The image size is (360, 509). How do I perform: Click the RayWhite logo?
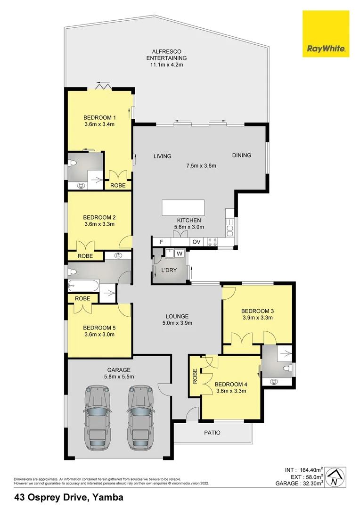click(x=326, y=34)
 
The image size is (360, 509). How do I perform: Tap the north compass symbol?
click(x=334, y=477)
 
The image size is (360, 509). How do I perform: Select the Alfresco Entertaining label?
click(x=166, y=57)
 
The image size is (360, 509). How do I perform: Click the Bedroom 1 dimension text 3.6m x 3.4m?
click(x=99, y=124)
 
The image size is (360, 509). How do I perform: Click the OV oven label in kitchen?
click(x=196, y=242)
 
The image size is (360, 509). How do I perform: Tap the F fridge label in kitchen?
click(x=162, y=242)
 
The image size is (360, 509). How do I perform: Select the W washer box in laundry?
click(x=179, y=253)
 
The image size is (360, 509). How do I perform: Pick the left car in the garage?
click(x=100, y=417)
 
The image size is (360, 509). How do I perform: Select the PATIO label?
click(x=212, y=433)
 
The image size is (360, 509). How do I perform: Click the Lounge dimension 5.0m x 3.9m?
click(x=177, y=323)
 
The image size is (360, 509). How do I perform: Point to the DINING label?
click(x=241, y=156)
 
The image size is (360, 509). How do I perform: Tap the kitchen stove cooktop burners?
click(x=212, y=242)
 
